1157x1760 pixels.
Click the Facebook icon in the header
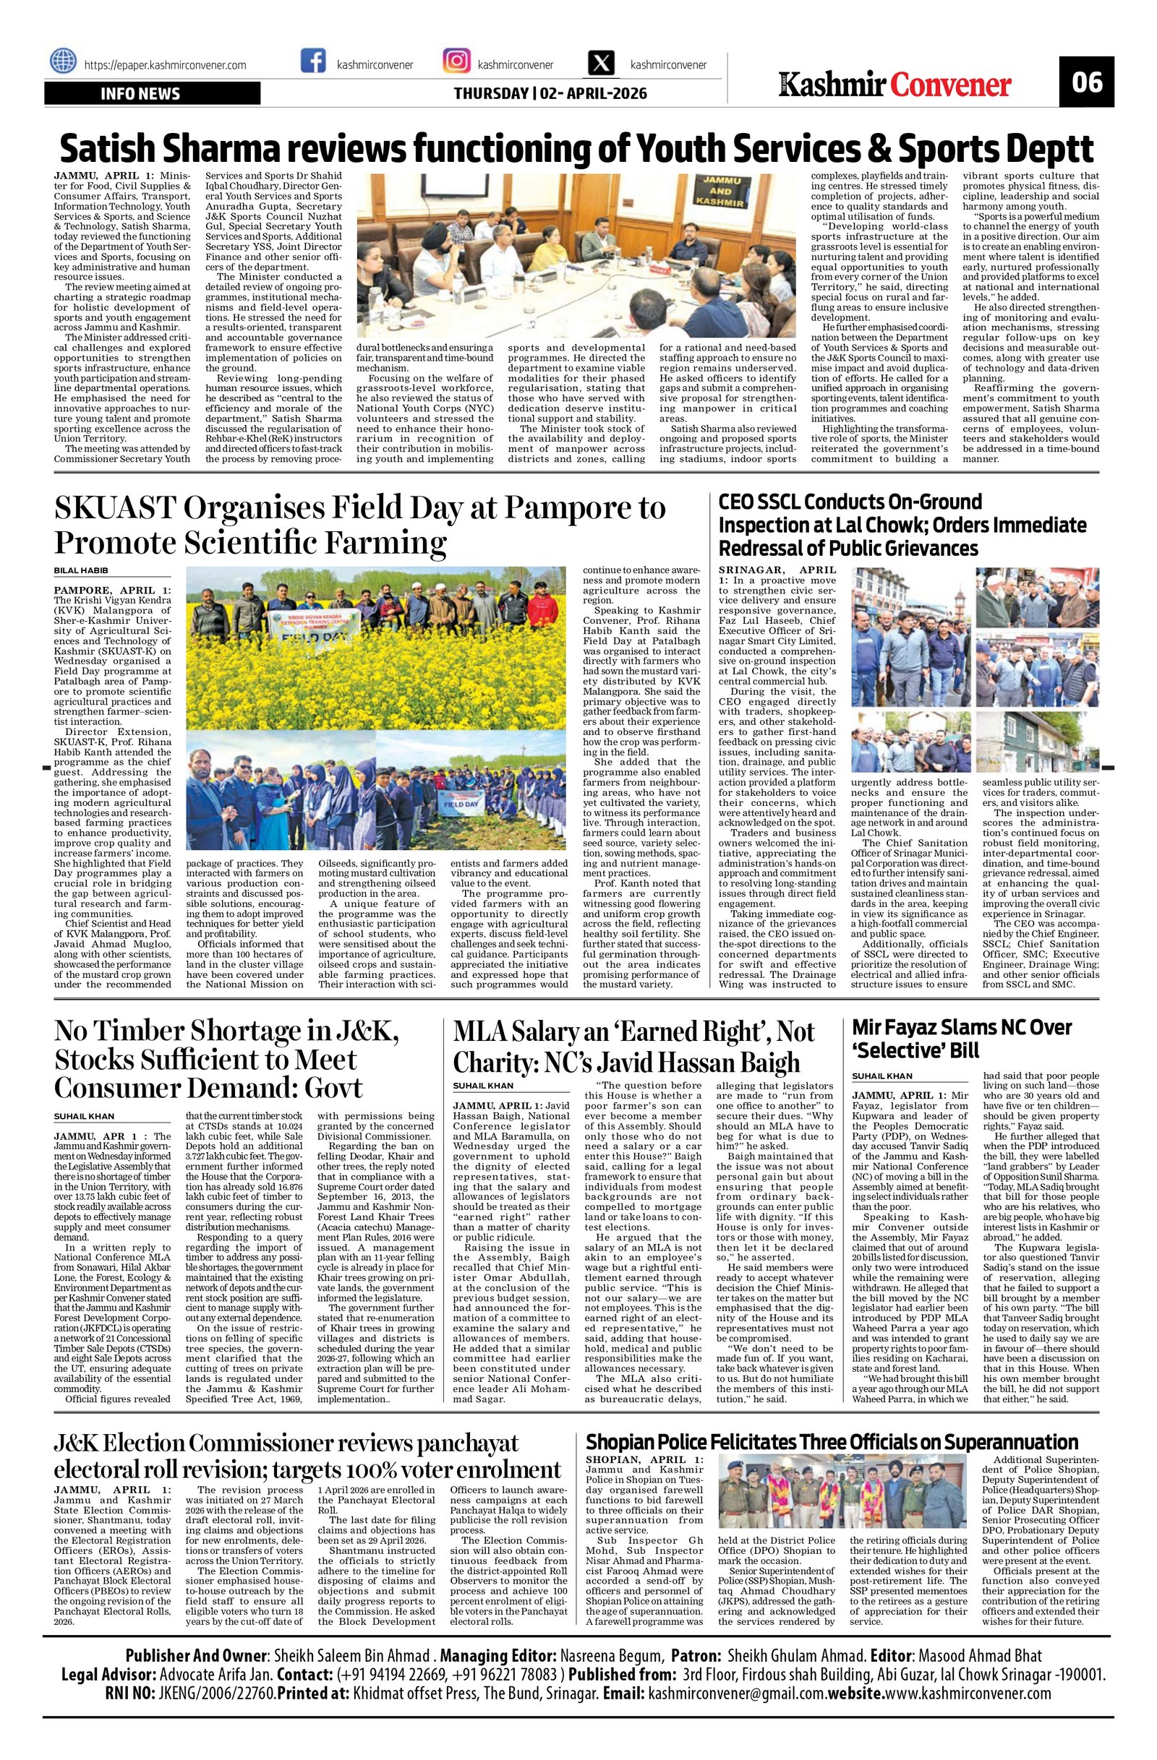(x=313, y=61)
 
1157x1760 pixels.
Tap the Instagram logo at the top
(x=456, y=61)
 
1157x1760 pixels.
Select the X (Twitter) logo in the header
(x=602, y=61)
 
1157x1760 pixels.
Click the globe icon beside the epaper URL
(x=64, y=61)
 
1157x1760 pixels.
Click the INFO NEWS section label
(x=140, y=94)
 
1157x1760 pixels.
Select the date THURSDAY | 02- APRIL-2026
(x=550, y=94)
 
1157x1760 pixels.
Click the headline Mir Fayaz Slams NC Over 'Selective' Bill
(x=962, y=1039)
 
